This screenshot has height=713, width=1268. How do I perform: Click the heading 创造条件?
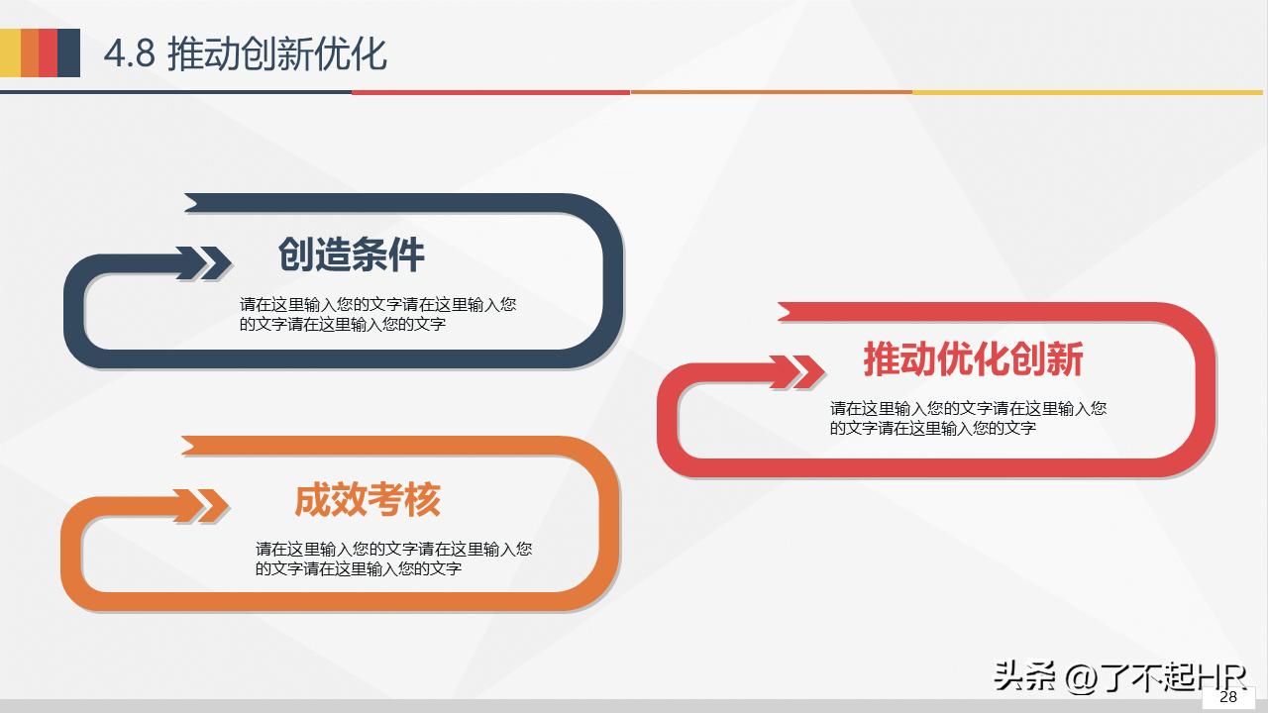pyautogui.click(x=351, y=255)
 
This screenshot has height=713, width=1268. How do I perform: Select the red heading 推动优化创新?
pyautogui.click(x=973, y=359)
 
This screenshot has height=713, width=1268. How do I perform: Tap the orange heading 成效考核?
pyautogui.click(x=367, y=500)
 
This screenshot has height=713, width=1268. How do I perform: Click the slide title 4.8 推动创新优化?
pyautogui.click(x=245, y=53)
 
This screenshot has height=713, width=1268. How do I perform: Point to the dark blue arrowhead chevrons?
pyautogui.click(x=211, y=262)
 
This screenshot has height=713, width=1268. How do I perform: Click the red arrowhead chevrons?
pyautogui.click(x=803, y=372)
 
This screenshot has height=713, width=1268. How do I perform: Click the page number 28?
pyautogui.click(x=1228, y=696)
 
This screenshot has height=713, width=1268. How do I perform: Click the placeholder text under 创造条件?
pyautogui.click(x=377, y=314)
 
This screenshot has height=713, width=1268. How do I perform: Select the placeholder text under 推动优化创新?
pyautogui.click(x=968, y=418)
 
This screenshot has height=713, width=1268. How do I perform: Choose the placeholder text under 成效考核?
pyautogui.click(x=393, y=559)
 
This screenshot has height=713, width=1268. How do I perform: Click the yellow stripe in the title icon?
pyautogui.click(x=10, y=52)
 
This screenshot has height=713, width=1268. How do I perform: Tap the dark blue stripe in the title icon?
pyautogui.click(x=68, y=52)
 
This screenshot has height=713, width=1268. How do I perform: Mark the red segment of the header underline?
pyautogui.click(x=490, y=92)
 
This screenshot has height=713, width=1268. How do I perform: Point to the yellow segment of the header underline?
pyautogui.click(x=1090, y=92)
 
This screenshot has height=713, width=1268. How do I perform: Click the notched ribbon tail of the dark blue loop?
pyautogui.click(x=198, y=203)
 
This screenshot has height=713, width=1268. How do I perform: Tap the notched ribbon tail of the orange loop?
pyautogui.click(x=195, y=446)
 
